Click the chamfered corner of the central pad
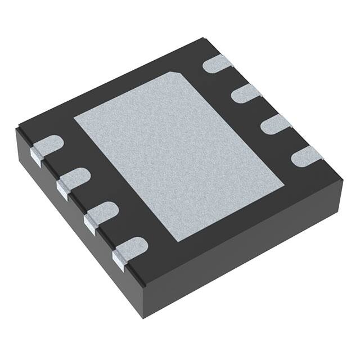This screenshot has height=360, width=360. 175,75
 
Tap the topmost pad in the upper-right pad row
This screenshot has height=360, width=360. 218,64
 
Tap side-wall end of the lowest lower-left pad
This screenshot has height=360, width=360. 119,259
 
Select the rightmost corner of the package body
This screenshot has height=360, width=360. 343,179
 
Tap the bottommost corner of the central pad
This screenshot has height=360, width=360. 177,241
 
